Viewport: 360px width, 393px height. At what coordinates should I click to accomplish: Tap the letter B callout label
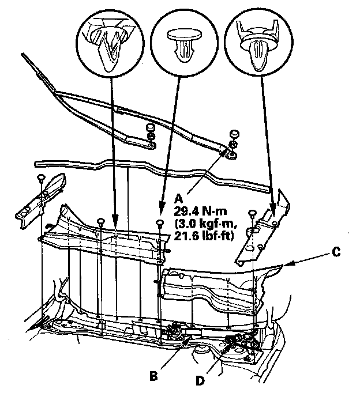pos(153,376)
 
